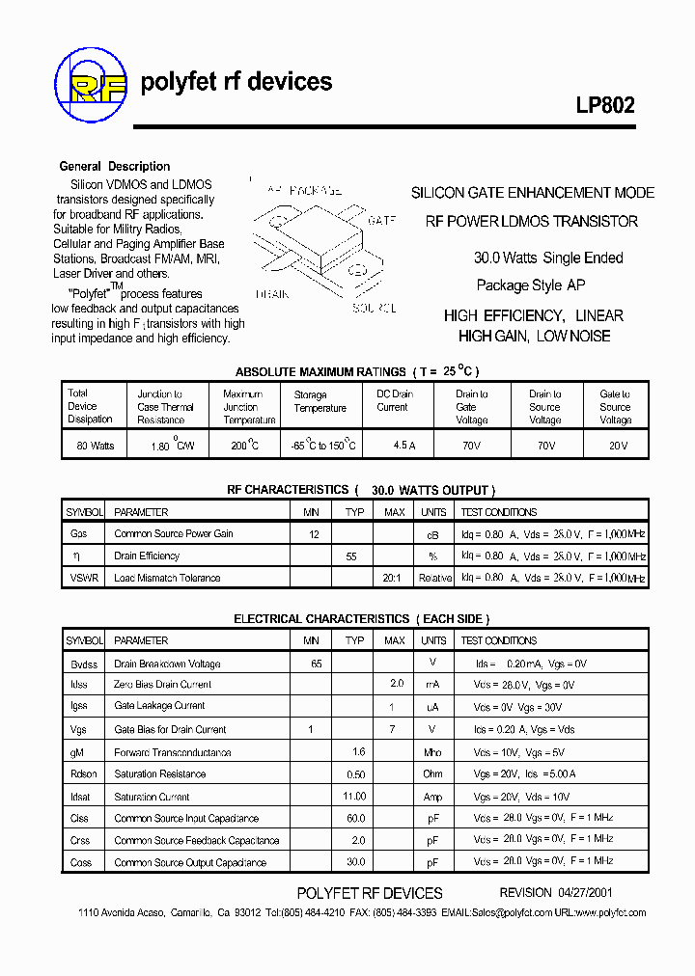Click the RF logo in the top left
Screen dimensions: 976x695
pyautogui.click(x=91, y=83)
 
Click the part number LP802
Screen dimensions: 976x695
pyautogui.click(x=605, y=106)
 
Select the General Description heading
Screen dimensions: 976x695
pyautogui.click(x=115, y=166)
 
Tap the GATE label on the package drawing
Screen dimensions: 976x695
pyautogui.click(x=382, y=221)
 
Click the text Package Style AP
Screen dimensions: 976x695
pyautogui.click(x=531, y=285)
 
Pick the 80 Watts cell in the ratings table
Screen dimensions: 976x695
pyautogui.click(x=90, y=446)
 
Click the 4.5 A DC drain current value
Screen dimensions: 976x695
pyautogui.click(x=403, y=446)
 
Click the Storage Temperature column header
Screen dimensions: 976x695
pyautogui.click(x=320, y=401)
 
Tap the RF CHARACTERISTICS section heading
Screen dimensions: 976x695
pyautogui.click(x=288, y=490)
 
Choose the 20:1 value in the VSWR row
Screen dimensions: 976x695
pyautogui.click(x=394, y=578)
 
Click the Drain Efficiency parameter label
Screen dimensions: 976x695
pyautogui.click(x=147, y=556)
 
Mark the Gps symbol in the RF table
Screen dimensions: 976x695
pyautogui.click(x=78, y=533)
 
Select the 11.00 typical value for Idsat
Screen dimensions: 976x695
pyautogui.click(x=354, y=797)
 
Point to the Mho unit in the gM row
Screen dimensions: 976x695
pyautogui.click(x=433, y=752)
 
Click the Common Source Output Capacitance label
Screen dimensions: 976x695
pyautogui.click(x=190, y=862)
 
